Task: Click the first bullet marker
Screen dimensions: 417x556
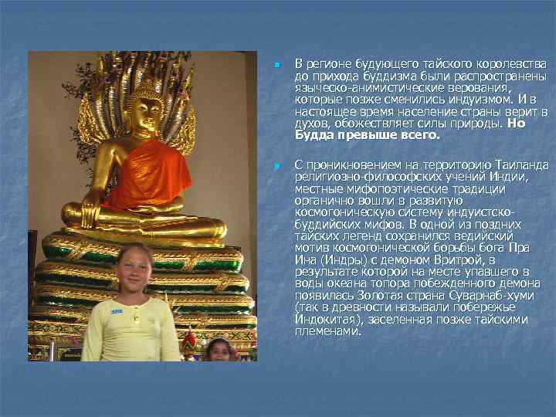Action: (x=276, y=63)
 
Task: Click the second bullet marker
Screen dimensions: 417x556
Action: (x=276, y=167)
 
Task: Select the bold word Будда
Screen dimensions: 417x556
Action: (x=313, y=135)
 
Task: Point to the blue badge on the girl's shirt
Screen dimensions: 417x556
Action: (x=116, y=311)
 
